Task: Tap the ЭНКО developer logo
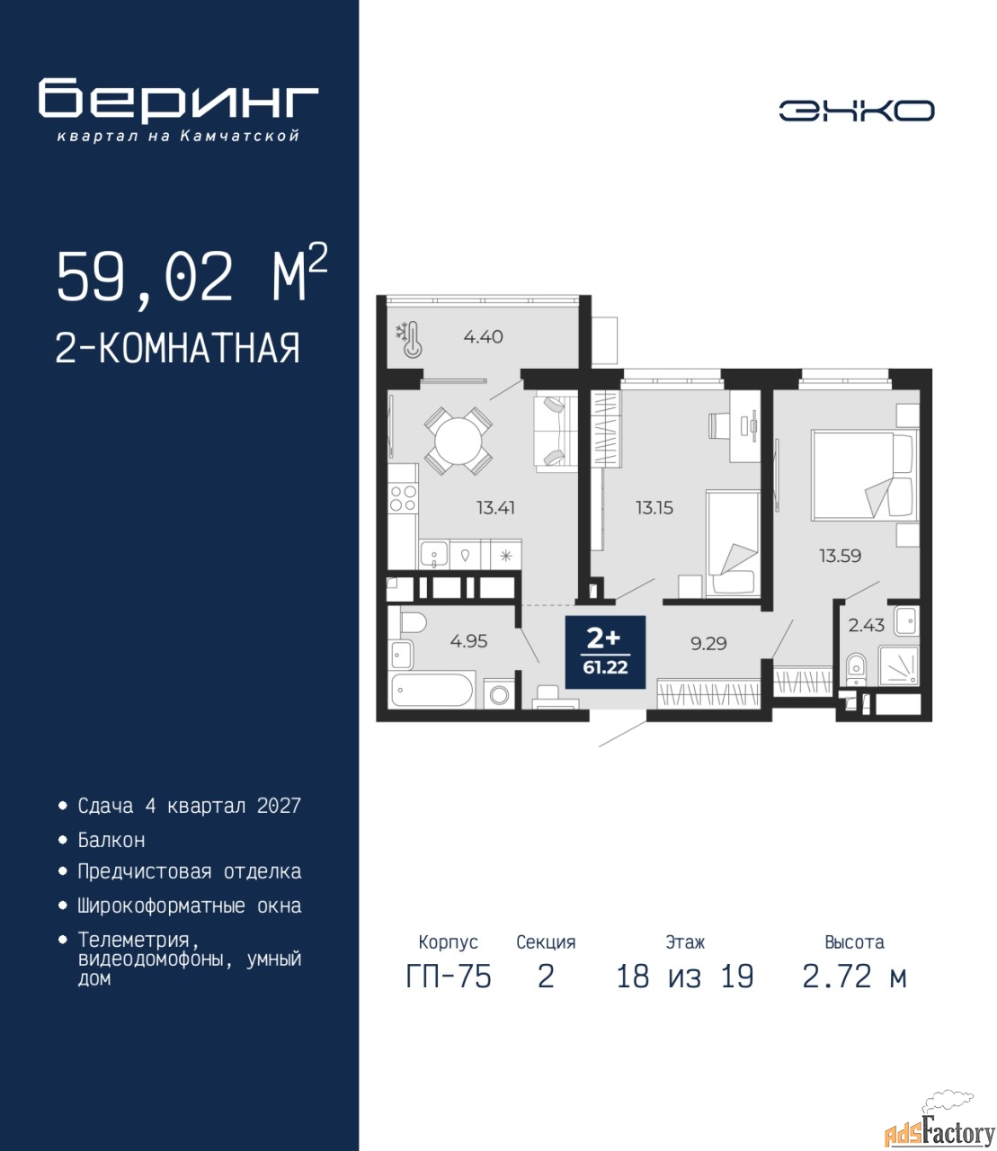[856, 111]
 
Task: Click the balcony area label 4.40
[483, 337]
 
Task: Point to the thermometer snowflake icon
[408, 340]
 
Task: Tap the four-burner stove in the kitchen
[403, 499]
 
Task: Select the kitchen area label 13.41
[495, 508]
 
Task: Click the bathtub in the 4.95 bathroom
[432, 690]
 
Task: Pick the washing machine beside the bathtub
[499, 694]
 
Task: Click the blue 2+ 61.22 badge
[605, 652]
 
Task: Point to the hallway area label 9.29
[708, 643]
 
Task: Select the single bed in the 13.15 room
[733, 543]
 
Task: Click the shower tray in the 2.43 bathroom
[898, 665]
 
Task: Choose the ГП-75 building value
[449, 977]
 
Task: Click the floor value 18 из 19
[685, 977]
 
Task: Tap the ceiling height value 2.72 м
[854, 977]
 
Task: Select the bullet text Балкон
[111, 840]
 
